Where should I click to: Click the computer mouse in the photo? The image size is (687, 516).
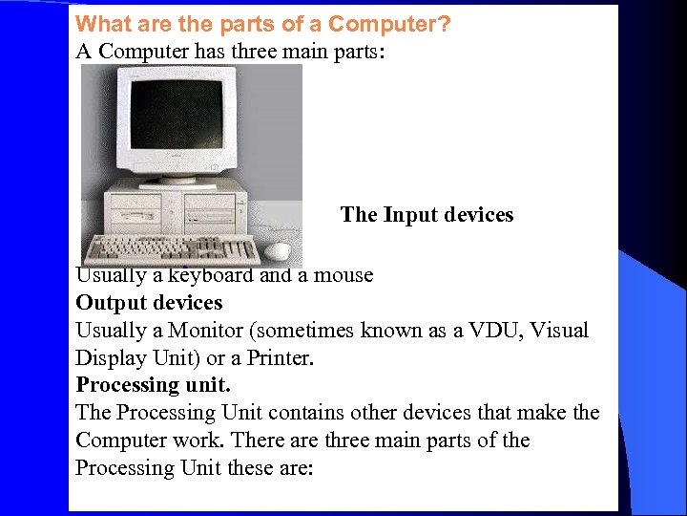pyautogui.click(x=278, y=250)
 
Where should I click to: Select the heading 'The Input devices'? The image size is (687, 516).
pyautogui.click(x=427, y=215)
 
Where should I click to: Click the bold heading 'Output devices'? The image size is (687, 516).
pyautogui.click(x=149, y=303)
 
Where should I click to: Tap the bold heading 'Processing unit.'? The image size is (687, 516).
pyautogui.click(x=154, y=385)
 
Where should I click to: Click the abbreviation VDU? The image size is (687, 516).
pyautogui.click(x=490, y=331)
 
